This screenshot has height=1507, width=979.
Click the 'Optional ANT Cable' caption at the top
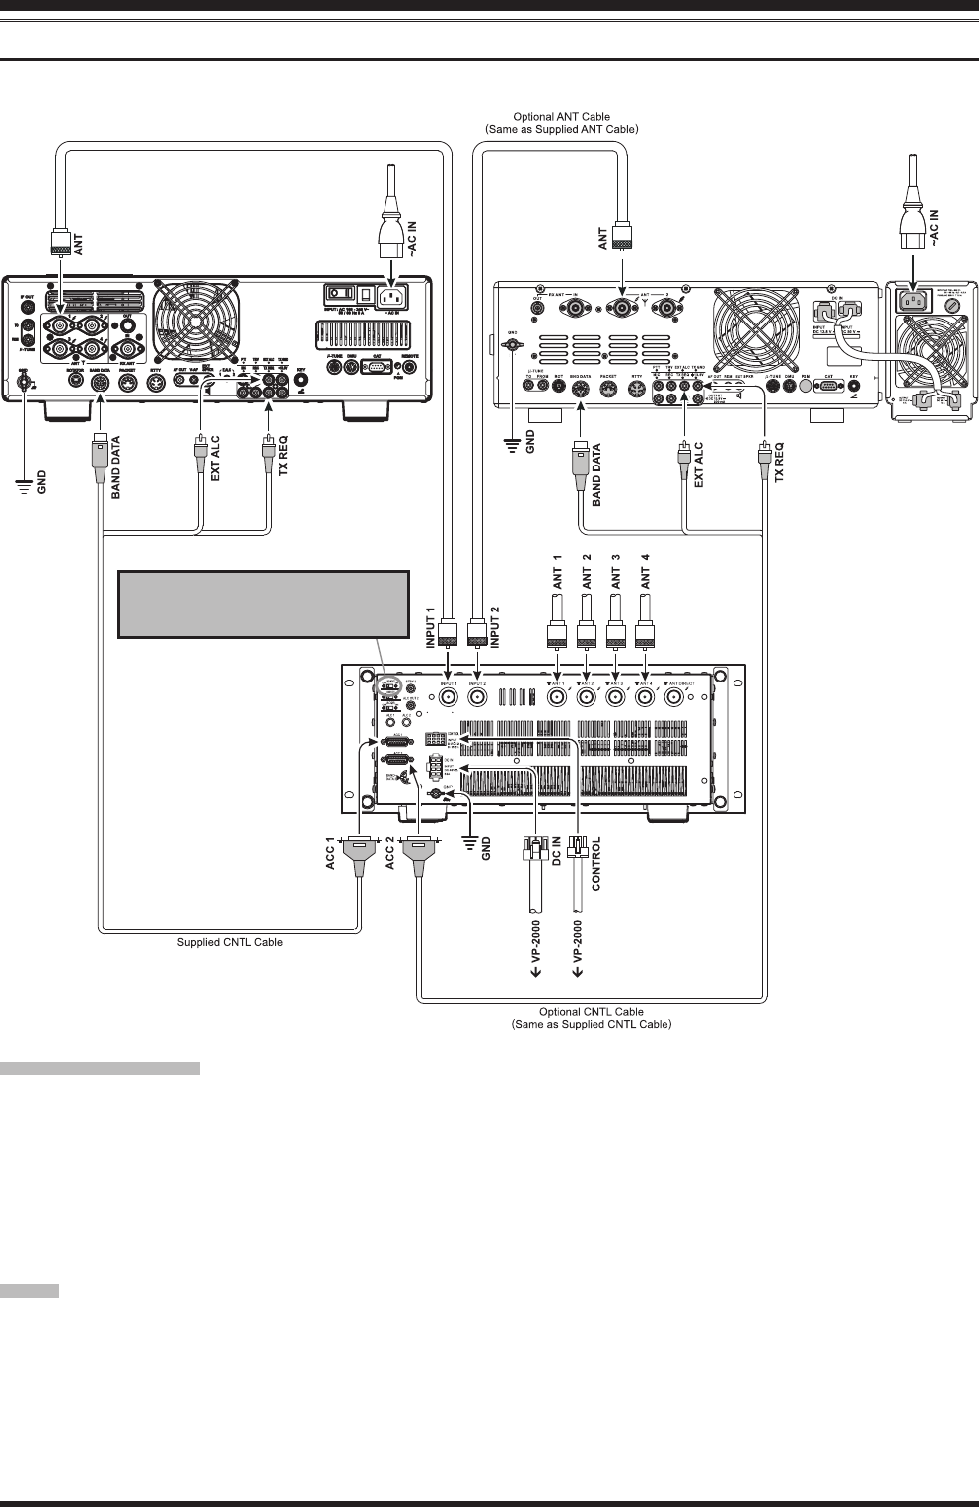562,117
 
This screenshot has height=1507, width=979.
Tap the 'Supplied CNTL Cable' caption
230,942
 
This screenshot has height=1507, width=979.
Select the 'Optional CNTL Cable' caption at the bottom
591,1012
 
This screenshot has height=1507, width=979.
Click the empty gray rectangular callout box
263,604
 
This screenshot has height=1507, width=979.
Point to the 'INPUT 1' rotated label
430,627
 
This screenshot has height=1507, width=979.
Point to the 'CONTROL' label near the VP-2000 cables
595,864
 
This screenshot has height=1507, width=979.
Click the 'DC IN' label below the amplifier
556,852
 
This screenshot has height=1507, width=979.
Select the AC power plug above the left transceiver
391,239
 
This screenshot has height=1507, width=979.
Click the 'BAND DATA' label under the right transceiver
597,475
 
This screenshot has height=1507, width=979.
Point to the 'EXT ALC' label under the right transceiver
699,466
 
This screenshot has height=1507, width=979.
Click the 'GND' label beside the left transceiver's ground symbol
41,482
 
